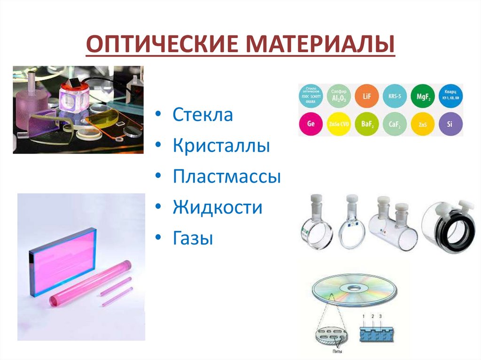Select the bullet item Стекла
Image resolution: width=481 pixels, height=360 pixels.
tap(202, 115)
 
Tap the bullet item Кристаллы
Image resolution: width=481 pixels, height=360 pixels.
tap(221, 146)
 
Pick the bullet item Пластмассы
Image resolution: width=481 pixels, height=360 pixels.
tap(226, 177)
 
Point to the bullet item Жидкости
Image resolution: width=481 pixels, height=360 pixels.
tap(217, 207)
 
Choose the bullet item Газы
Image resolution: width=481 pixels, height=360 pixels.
tap(193, 238)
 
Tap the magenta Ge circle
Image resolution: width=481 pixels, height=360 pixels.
tap(310, 124)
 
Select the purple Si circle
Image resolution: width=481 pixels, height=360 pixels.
tap(450, 124)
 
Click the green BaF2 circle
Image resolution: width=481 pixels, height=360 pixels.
tap(366, 124)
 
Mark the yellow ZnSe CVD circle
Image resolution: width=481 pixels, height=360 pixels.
tap(338, 124)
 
